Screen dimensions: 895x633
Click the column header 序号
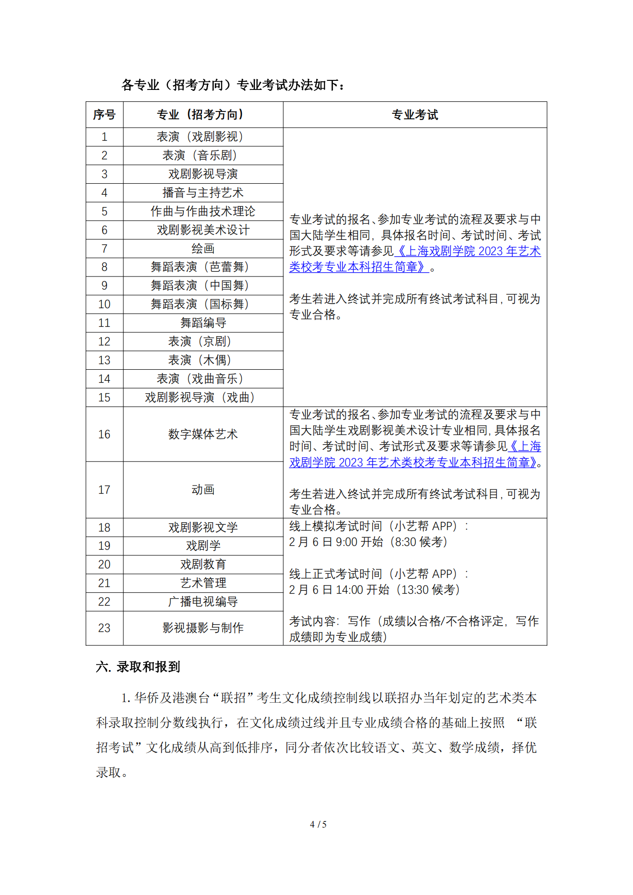(x=104, y=115)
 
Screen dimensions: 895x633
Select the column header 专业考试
(x=415, y=115)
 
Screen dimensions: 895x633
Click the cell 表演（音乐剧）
(x=203, y=155)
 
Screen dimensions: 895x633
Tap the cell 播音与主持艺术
(x=203, y=193)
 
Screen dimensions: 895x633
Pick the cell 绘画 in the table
(x=203, y=249)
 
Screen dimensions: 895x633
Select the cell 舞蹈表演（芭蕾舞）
(x=203, y=267)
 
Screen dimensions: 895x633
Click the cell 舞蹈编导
(x=203, y=323)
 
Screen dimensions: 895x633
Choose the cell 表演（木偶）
(x=203, y=360)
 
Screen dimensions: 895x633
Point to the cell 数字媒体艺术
(x=203, y=434)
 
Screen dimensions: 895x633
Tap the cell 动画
(x=203, y=490)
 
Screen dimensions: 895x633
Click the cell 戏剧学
(x=203, y=546)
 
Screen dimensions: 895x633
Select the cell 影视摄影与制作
(x=203, y=628)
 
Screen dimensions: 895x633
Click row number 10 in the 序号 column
(x=104, y=304)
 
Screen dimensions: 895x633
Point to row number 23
(x=104, y=628)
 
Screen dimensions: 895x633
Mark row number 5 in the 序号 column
(x=104, y=211)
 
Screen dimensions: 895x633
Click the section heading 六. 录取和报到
(x=138, y=667)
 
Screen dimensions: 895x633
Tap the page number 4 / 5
(x=318, y=824)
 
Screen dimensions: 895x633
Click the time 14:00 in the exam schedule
(x=349, y=590)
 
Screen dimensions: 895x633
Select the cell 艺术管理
(x=203, y=583)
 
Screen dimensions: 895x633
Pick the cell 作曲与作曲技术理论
(x=203, y=211)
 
